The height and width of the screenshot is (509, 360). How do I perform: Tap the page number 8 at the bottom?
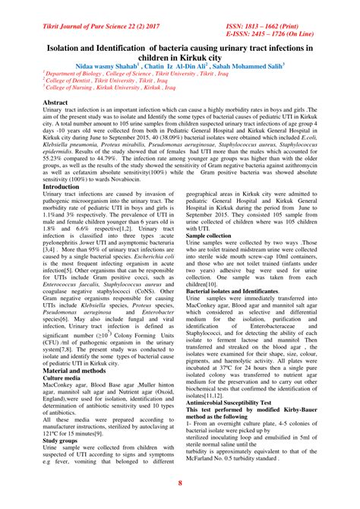pos(180,483)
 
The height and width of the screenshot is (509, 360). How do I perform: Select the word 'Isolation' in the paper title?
pos(69,48)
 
